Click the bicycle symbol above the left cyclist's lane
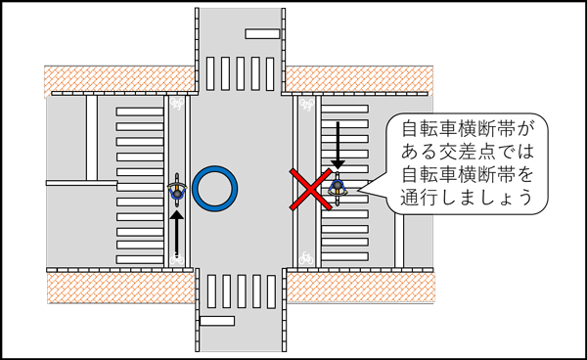coord(177,100)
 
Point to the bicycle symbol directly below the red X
coord(308,257)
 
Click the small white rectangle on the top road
coord(262,34)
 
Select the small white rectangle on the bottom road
coord(217,320)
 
